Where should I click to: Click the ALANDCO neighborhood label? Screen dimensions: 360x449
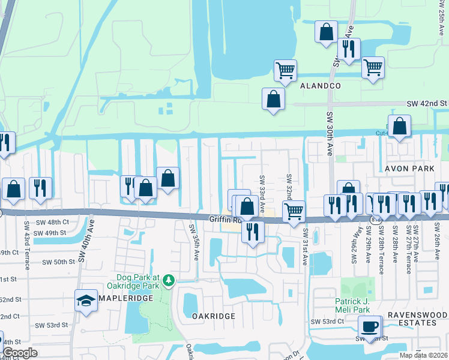[x=321, y=86]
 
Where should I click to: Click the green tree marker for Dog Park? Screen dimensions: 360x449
[x=169, y=280]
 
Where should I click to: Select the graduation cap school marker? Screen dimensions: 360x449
[x=86, y=300]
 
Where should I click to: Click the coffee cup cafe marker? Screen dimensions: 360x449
[x=369, y=326]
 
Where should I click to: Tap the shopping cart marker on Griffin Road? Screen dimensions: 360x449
[x=294, y=211]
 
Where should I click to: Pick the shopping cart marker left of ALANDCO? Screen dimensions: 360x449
[x=286, y=70]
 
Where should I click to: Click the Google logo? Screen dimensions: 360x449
[x=20, y=353]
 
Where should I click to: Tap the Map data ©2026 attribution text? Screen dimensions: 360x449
[x=423, y=355]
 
